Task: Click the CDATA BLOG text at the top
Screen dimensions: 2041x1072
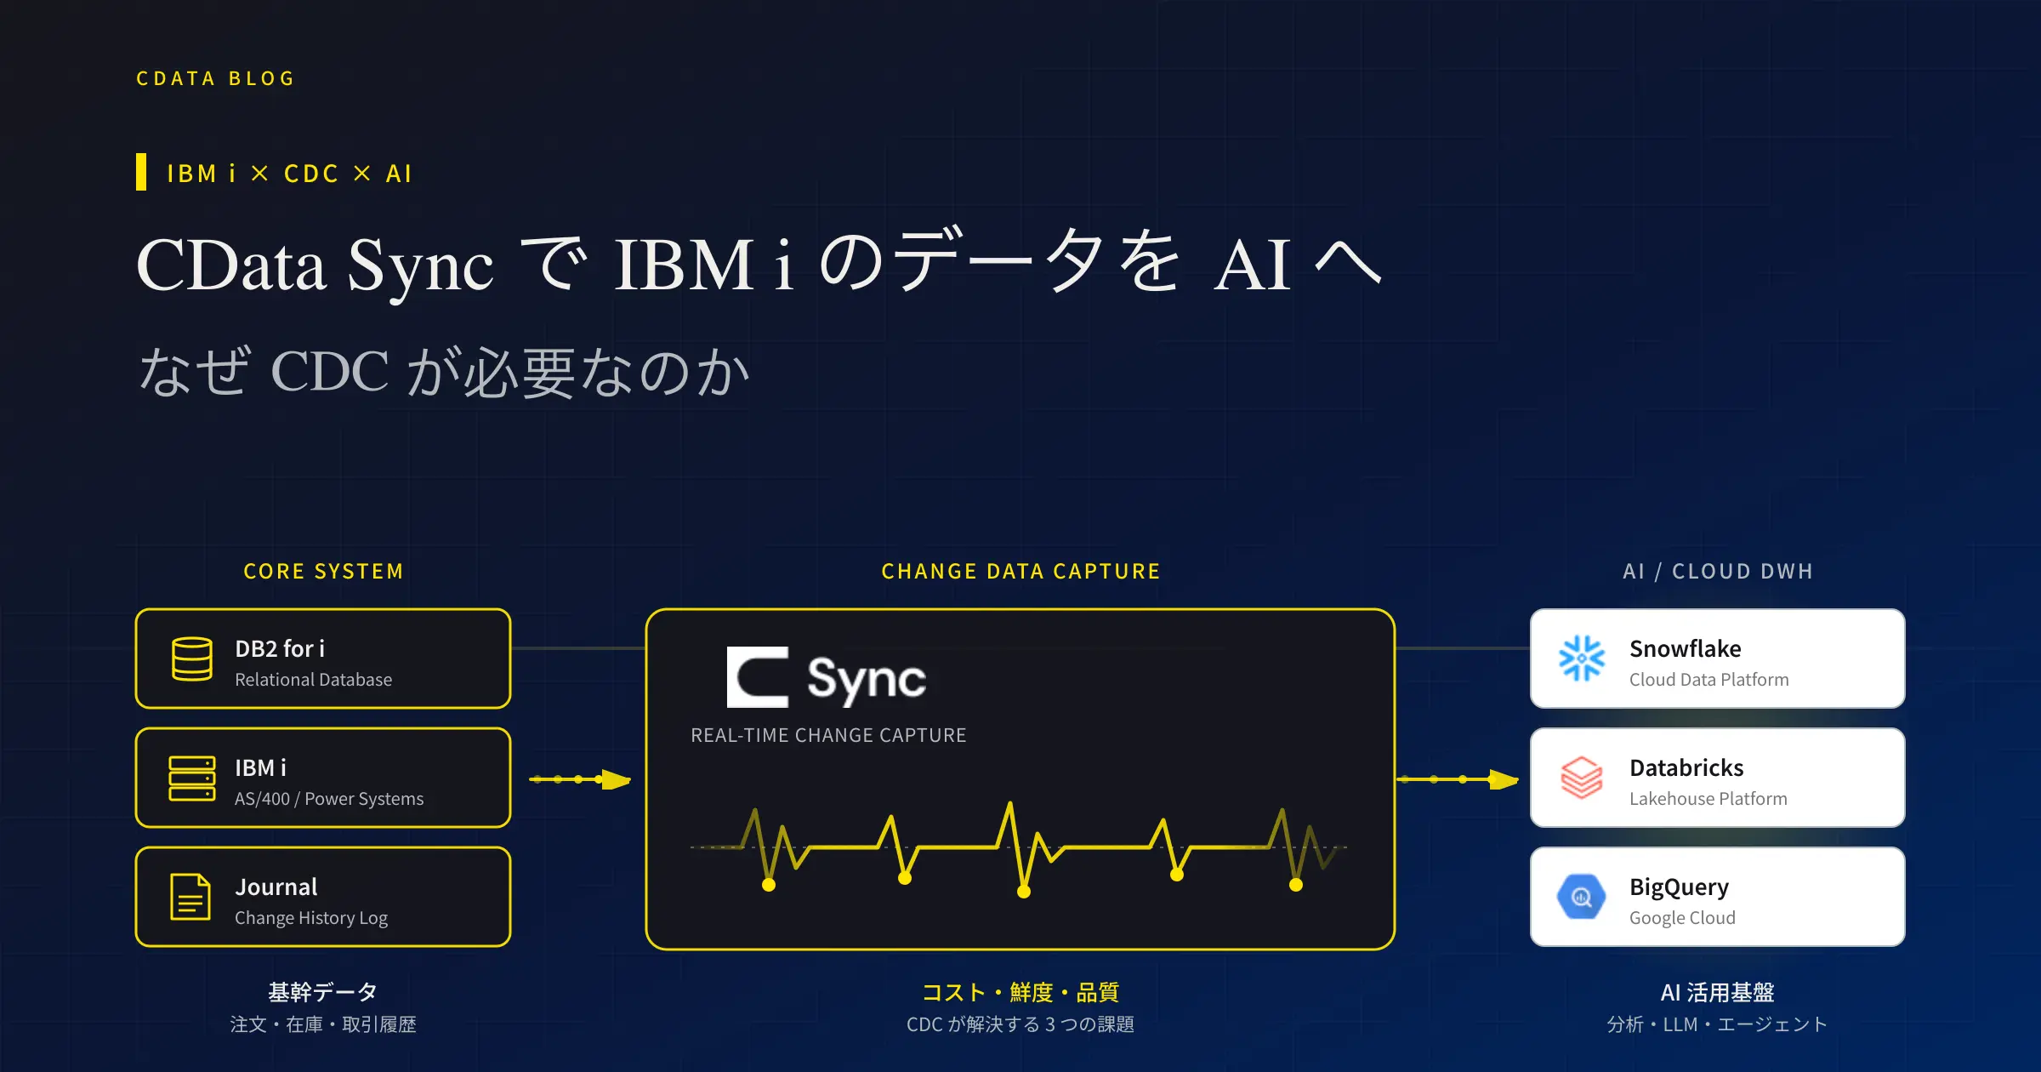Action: coord(215,78)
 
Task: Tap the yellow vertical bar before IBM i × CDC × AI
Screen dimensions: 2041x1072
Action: coord(141,172)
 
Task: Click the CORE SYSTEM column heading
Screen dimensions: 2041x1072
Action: coord(323,571)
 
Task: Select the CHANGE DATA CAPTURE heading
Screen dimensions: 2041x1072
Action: coord(1020,571)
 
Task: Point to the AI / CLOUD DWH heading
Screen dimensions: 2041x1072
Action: coord(1718,571)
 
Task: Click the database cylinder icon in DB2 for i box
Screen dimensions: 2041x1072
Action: coord(192,659)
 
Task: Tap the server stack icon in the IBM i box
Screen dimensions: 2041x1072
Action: coord(192,778)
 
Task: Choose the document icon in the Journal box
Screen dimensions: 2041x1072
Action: coord(190,897)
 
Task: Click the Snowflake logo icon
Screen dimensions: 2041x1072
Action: coord(1582,659)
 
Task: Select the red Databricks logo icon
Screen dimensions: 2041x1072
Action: coord(1582,778)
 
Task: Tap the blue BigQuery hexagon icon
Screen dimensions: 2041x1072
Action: coord(1582,897)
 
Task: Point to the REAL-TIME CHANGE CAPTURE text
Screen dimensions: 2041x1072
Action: coord(828,735)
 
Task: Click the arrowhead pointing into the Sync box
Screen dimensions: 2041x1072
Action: coord(616,779)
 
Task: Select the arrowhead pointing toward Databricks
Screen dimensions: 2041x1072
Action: coord(1504,779)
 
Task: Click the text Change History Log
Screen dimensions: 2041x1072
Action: coord(311,918)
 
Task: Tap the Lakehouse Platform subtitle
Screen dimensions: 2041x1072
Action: coord(1708,799)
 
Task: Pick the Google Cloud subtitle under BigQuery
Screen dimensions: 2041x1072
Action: coord(1682,918)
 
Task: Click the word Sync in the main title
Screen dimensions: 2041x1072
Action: coord(420,267)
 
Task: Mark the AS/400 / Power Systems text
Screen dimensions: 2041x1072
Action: coord(329,799)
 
